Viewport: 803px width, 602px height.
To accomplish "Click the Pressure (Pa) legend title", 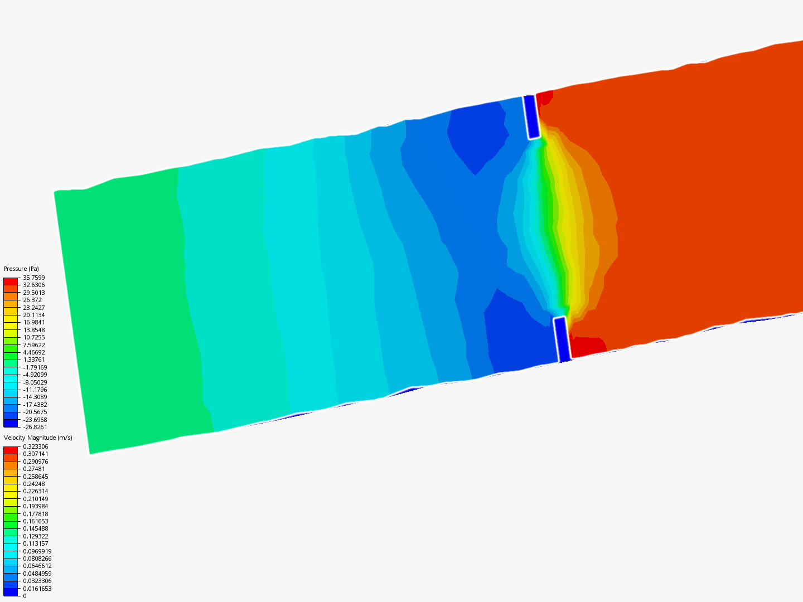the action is (x=21, y=269).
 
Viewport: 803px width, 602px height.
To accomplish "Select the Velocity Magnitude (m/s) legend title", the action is (x=38, y=438).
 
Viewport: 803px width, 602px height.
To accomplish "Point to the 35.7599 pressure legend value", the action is (x=33, y=278).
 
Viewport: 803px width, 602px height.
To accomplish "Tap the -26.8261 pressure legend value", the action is (x=35, y=427).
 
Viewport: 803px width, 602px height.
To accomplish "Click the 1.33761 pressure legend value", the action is (x=33, y=360).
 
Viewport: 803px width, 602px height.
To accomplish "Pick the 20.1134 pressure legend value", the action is (x=33, y=315).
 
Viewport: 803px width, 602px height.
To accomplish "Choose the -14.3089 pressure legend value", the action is (x=35, y=397).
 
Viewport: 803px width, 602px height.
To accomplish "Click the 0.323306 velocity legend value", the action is (x=36, y=446).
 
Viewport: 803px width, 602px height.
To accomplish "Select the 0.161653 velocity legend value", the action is (x=36, y=521).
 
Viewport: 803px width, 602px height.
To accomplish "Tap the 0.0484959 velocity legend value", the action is (x=37, y=574).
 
